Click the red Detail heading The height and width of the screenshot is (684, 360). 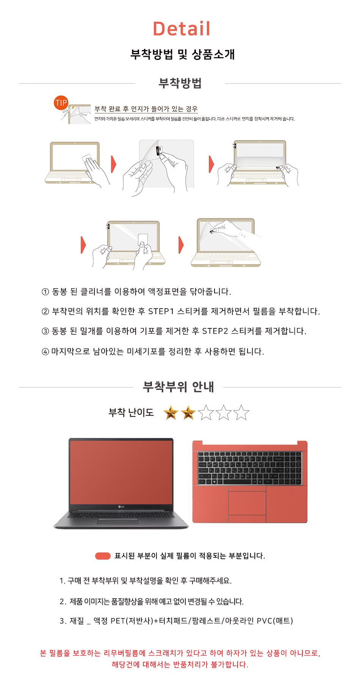pos(182,29)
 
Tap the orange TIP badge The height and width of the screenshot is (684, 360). pos(61,103)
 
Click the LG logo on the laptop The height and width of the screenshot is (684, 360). pos(121,507)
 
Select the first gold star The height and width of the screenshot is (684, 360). pos(171,413)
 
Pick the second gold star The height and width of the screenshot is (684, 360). pos(188,413)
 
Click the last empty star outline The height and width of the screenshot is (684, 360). pos(241,413)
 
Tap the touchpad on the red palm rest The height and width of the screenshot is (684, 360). pos(247,503)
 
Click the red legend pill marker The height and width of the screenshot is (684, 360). pos(103,556)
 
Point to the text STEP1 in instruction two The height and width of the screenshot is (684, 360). pos(161,311)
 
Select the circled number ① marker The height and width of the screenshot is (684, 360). pos(45,292)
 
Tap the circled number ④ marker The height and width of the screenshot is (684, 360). pos(45,352)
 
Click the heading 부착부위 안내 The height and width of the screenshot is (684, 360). pos(178,387)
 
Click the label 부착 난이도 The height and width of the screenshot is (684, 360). pos(131,413)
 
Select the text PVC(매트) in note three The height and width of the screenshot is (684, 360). pos(275,621)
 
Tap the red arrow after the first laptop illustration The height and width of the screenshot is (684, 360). pos(113,164)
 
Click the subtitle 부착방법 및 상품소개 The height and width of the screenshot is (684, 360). pos(183,54)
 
